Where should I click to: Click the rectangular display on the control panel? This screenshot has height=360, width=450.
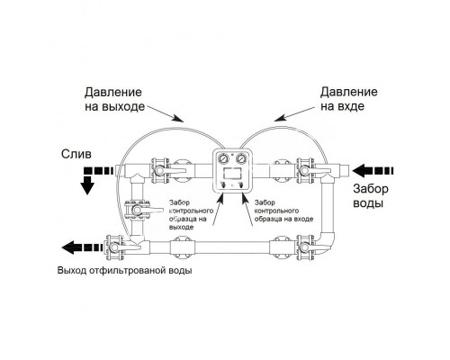(232, 173)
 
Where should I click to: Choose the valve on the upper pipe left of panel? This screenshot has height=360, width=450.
(160, 168)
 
